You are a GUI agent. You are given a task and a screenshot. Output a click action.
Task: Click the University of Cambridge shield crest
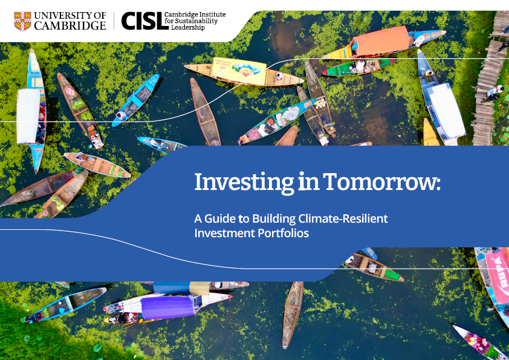[22, 21]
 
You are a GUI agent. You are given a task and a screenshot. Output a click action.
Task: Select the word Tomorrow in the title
[382, 182]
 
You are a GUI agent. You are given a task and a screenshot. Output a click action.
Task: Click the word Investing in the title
[244, 183]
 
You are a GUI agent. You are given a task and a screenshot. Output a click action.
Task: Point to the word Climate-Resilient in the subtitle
[343, 218]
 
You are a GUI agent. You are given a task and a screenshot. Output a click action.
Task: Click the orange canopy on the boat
[381, 41]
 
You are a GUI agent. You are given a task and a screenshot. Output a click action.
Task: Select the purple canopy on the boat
[168, 307]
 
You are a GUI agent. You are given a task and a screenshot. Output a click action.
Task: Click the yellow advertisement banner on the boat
[239, 71]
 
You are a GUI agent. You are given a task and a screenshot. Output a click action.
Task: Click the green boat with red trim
[358, 67]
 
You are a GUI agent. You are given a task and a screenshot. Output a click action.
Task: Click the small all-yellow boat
[430, 133]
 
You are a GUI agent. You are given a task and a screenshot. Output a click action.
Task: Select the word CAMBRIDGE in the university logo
[70, 25]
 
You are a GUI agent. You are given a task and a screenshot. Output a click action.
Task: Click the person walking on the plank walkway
[494, 93]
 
